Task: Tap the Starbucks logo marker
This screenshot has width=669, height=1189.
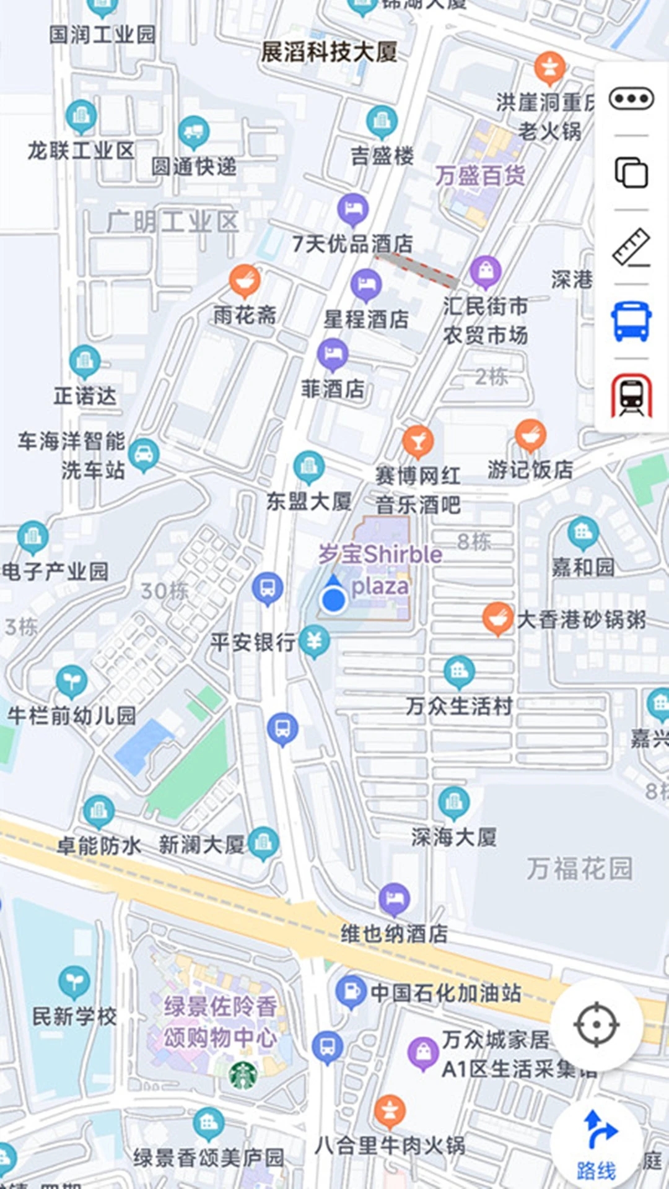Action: click(243, 1076)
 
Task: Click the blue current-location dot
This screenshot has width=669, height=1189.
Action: click(334, 599)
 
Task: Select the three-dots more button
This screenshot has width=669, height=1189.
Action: click(631, 98)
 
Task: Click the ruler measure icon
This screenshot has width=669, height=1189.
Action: click(631, 247)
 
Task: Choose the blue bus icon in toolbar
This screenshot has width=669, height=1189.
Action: click(631, 321)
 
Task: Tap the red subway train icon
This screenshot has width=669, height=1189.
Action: click(631, 395)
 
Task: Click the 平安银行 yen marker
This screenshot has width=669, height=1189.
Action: click(314, 641)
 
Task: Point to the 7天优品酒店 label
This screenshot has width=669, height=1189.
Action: click(352, 244)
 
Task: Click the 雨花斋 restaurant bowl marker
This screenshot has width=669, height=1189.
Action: click(245, 280)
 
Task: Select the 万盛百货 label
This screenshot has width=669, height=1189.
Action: click(480, 176)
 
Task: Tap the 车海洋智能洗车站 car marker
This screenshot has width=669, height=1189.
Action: click(144, 455)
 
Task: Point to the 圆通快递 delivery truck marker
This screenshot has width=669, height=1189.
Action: click(194, 132)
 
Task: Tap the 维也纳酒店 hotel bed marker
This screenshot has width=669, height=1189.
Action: click(395, 899)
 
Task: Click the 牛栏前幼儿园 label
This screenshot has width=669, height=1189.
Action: click(71, 716)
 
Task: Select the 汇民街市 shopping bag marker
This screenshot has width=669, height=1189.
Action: click(486, 271)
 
